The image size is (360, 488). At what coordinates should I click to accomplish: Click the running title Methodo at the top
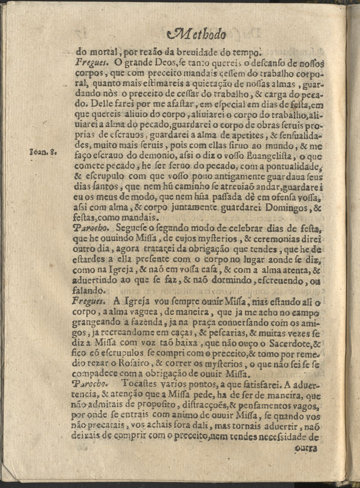198,35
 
